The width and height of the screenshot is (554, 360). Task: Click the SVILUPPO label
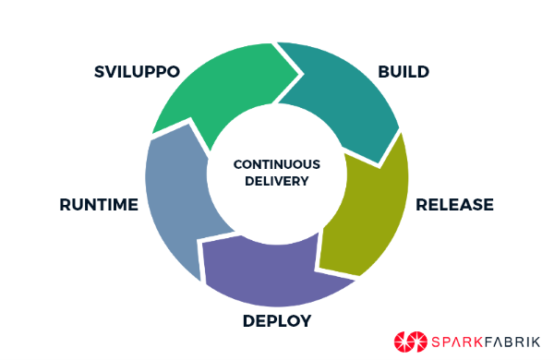(x=135, y=71)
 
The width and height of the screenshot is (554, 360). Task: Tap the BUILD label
(x=404, y=71)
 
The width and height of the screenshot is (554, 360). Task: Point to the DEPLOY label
(x=277, y=321)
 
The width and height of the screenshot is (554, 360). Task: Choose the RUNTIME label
(x=98, y=204)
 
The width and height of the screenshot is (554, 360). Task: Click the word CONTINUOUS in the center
(x=277, y=163)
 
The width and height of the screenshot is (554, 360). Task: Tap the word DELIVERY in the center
(x=277, y=181)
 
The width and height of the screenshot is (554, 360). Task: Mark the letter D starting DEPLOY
(x=248, y=321)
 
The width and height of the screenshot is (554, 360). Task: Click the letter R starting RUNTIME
(x=64, y=204)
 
